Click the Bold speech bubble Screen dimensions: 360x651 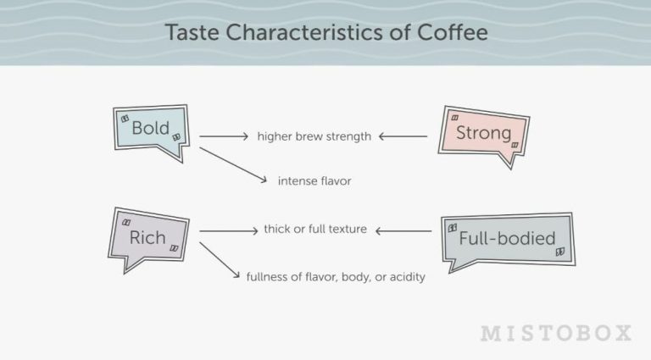click(150, 130)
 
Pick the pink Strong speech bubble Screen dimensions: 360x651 click(483, 134)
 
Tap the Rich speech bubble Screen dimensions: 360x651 click(147, 237)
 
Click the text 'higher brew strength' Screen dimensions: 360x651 click(314, 136)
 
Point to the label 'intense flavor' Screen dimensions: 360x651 click(314, 180)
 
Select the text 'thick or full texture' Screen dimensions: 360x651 click(315, 230)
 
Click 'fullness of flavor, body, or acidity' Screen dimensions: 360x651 click(335, 277)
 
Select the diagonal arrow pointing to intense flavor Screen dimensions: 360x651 click(231, 164)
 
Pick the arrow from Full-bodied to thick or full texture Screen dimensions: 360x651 click(403, 230)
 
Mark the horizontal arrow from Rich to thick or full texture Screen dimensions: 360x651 click(227, 230)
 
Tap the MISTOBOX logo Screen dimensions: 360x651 click(556, 333)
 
